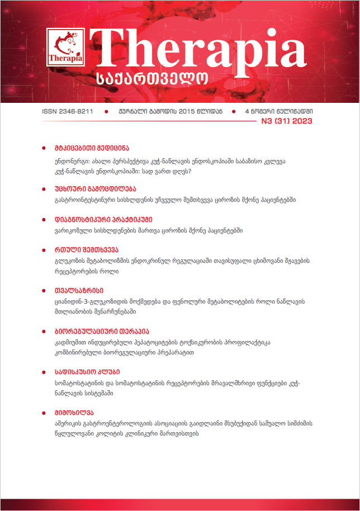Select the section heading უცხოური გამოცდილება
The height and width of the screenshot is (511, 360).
point(91,188)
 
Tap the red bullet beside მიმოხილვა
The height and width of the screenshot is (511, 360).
point(44,413)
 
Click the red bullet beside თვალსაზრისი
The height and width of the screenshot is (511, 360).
point(44,291)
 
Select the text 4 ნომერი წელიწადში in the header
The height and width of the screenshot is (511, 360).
point(278,111)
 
